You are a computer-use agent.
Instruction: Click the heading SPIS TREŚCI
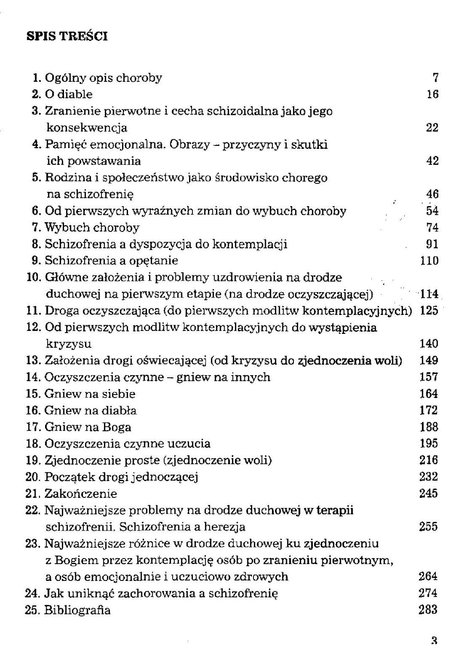pyautogui.click(x=67, y=36)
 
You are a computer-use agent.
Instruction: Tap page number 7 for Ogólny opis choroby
pyautogui.click(x=435, y=78)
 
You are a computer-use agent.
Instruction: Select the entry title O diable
pyautogui.click(x=69, y=94)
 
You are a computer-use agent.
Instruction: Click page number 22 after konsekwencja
pyautogui.click(x=432, y=128)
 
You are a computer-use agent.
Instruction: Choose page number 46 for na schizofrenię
pyautogui.click(x=432, y=194)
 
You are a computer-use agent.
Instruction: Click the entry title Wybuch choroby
pyautogui.click(x=92, y=227)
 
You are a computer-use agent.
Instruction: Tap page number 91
pyautogui.click(x=432, y=244)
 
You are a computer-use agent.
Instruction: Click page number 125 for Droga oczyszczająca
pyautogui.click(x=429, y=311)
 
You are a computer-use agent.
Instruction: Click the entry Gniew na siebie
pyautogui.click(x=90, y=394)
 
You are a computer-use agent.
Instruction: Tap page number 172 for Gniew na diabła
pyautogui.click(x=428, y=410)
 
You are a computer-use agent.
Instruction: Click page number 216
pyautogui.click(x=428, y=460)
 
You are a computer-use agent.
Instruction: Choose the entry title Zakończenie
pyautogui.click(x=81, y=494)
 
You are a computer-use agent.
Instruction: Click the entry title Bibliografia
pyautogui.click(x=77, y=610)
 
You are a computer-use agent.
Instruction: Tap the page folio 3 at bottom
pyautogui.click(x=434, y=640)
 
